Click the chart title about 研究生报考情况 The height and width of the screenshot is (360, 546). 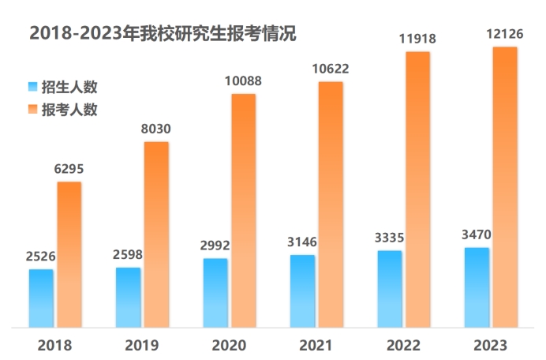(163, 33)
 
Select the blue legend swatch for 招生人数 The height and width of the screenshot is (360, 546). (32, 86)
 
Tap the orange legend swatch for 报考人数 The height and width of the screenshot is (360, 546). (32, 109)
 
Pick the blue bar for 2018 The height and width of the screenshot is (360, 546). (42, 298)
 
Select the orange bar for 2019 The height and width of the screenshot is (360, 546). (156, 234)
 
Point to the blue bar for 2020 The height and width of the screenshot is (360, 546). (215, 292)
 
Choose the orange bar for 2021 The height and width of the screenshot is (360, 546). (331, 204)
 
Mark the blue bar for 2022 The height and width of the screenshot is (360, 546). (390, 288)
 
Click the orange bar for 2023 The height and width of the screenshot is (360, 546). (504, 186)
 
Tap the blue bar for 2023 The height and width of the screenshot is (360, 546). (477, 287)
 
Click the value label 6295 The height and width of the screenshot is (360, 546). (69, 168)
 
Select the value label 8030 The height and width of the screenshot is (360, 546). (155, 129)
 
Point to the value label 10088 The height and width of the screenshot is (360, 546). (242, 81)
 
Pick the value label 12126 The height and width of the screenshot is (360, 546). (503, 34)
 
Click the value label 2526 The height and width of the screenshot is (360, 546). (40, 256)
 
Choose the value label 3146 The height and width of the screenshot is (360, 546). (302, 241)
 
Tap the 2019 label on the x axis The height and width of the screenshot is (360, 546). (142, 345)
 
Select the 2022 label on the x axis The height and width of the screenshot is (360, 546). (402, 345)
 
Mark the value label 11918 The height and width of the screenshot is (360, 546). (417, 38)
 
